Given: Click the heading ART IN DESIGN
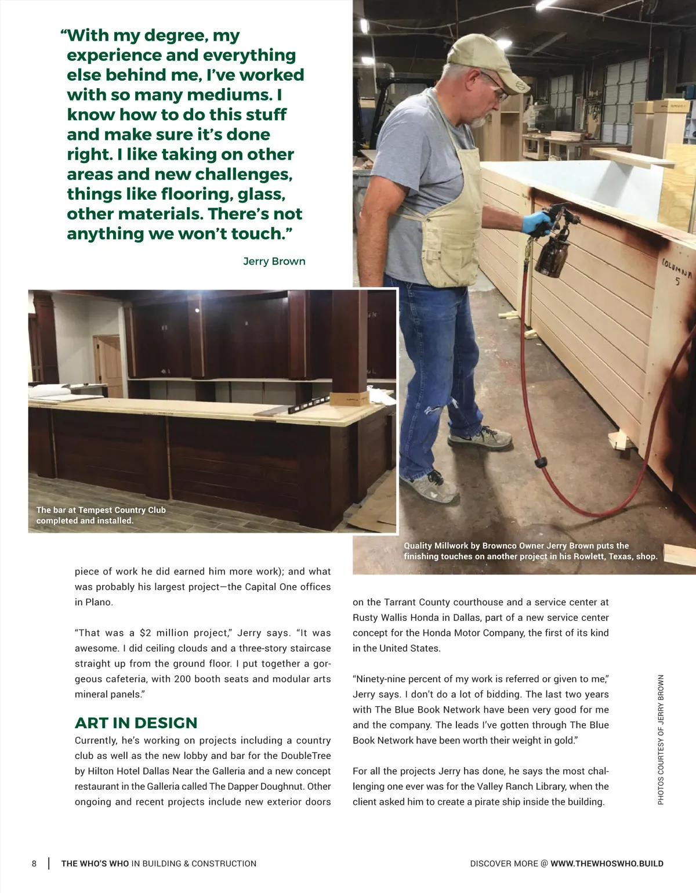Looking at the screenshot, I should coord(136,723).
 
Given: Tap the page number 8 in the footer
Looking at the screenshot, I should coord(34,863).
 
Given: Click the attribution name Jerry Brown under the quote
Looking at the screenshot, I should coord(274,261).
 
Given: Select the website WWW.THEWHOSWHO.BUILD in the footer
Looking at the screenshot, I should coord(607,863).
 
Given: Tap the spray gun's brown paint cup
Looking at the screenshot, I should coord(551,255).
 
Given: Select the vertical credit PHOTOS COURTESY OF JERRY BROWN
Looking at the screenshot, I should coord(661,739).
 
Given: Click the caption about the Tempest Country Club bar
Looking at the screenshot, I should coord(101,515).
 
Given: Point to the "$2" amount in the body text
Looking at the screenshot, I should coord(147,632).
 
